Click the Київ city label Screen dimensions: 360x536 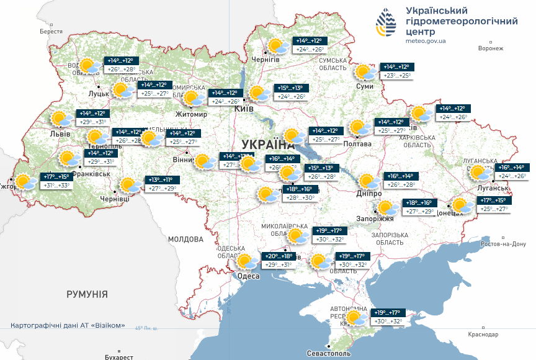click(243, 109)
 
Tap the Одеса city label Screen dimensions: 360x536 click(248, 277)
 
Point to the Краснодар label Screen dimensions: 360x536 click(484, 335)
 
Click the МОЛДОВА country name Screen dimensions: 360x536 click(185, 239)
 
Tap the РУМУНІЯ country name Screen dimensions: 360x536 click(87, 294)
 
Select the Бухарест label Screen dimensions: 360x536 click(118, 357)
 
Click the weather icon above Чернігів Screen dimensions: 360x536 click(276, 46)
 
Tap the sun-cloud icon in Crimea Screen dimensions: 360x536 click(357, 318)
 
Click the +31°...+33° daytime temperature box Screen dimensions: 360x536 click(57, 185)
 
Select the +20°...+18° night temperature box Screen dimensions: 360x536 click(279, 256)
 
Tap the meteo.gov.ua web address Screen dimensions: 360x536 click(426, 40)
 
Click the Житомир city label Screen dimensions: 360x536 click(191, 114)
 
